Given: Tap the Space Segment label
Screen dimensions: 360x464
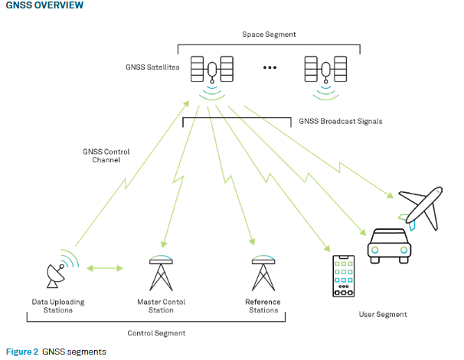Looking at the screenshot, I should click(x=269, y=35).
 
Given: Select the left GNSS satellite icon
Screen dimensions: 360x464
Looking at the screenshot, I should click(x=212, y=71).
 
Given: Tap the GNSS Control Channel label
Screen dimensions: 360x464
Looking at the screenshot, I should click(x=106, y=157).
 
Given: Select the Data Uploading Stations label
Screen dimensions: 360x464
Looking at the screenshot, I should click(x=58, y=306).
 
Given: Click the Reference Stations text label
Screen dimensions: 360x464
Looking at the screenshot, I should click(x=263, y=306).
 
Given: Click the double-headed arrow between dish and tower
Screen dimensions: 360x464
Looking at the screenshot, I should click(x=106, y=268).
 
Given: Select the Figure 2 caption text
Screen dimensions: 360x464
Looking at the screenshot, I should click(x=56, y=352).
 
